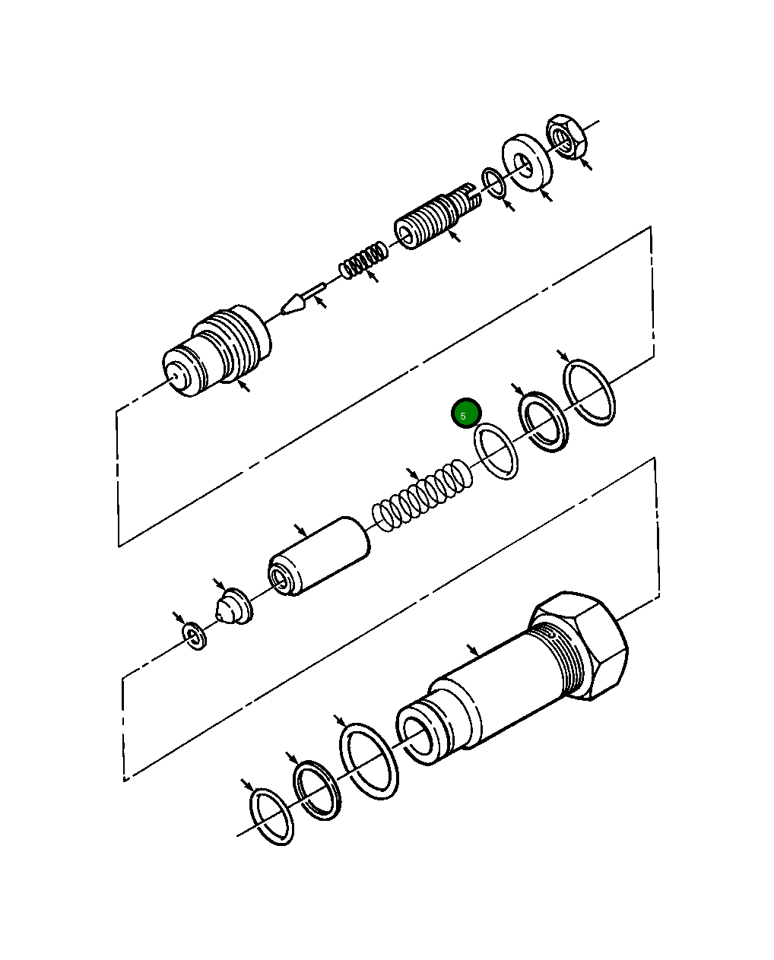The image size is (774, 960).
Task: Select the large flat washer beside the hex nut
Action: [527, 163]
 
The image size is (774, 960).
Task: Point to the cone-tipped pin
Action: [300, 300]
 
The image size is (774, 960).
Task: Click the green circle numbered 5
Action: [465, 414]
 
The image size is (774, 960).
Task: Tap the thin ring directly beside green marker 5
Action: [496, 451]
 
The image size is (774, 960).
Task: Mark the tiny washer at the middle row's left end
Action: [195, 635]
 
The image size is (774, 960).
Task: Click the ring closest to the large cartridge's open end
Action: [369, 761]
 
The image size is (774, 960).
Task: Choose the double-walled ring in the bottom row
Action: [317, 791]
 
